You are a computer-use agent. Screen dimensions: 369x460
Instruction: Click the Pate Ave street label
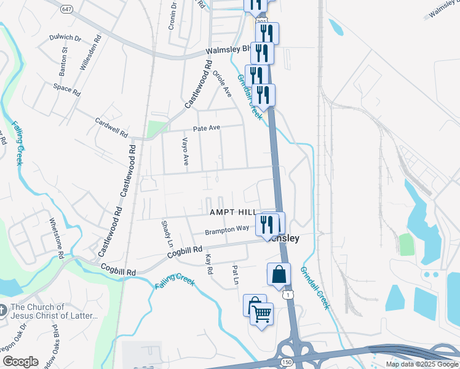(x=207, y=129)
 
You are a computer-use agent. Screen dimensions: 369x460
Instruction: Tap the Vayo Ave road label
(x=184, y=151)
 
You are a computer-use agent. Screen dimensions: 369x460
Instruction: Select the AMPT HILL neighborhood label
(x=233, y=212)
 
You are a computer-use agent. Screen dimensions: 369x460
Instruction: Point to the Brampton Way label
(x=227, y=229)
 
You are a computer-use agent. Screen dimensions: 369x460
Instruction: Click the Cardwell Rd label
(x=111, y=127)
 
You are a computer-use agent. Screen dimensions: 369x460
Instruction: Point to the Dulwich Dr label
(x=66, y=38)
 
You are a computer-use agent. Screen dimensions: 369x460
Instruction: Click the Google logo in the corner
(x=20, y=362)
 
